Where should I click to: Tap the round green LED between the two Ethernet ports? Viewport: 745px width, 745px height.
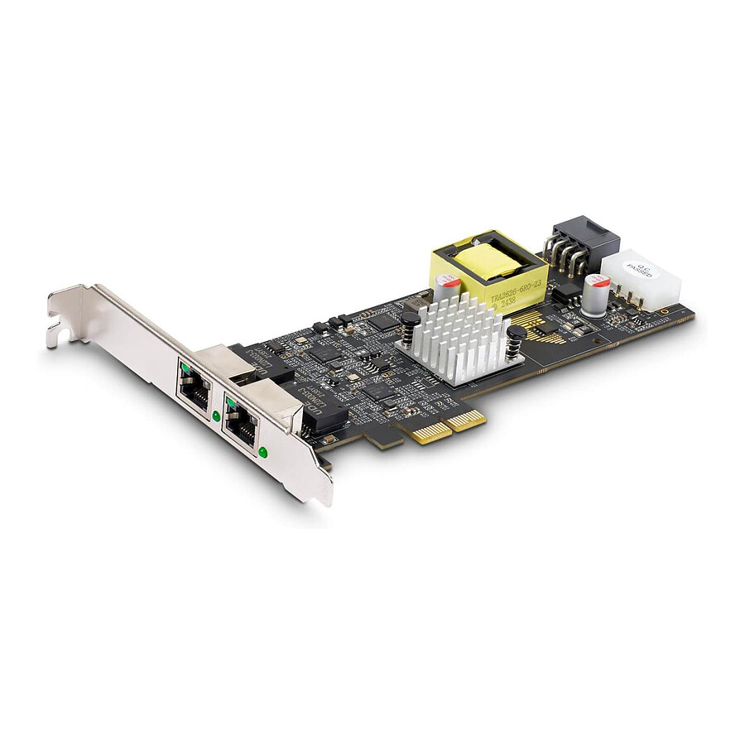pyautogui.click(x=216, y=416)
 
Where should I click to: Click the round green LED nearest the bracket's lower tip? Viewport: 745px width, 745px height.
pyautogui.click(x=263, y=452)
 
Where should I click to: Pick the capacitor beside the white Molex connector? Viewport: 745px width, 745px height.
pyautogui.click(x=596, y=294)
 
